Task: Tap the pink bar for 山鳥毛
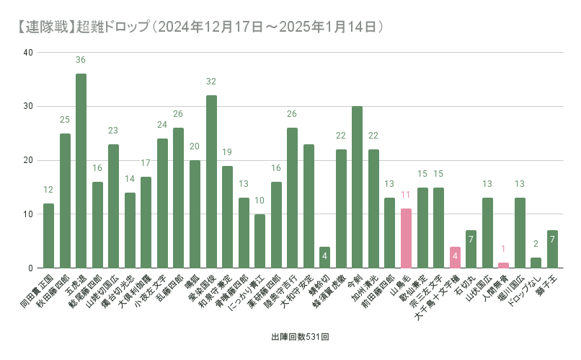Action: [x=406, y=238]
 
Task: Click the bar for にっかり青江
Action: [x=260, y=241]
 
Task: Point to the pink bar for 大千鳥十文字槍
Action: [x=455, y=258]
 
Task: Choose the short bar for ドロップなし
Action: [x=536, y=263]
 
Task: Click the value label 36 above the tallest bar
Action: [x=81, y=60]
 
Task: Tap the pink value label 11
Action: [x=406, y=195]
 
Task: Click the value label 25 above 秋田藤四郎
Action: [x=65, y=119]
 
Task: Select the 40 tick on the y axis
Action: [x=27, y=53]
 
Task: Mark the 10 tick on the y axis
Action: [x=27, y=214]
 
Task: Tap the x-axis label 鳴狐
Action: [x=190, y=282]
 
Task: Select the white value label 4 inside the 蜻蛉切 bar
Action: [x=324, y=257]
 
